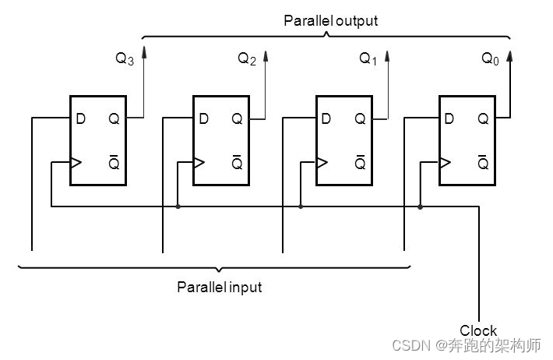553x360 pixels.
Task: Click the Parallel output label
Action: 329,21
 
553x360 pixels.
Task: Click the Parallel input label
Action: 219,288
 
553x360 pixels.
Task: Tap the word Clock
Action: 477,330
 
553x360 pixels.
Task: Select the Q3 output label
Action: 125,59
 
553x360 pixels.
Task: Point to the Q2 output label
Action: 246,59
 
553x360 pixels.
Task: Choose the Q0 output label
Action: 490,59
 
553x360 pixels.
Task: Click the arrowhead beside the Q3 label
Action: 143,53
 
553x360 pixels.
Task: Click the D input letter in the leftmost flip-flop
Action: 80,119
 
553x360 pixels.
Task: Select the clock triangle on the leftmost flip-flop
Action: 75,164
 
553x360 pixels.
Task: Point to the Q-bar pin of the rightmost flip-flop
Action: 483,164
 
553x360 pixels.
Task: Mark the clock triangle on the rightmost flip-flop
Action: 444,164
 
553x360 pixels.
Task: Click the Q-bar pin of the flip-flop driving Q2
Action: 237,164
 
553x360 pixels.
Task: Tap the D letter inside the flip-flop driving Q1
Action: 326,119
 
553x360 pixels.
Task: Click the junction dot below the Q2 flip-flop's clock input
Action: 178,207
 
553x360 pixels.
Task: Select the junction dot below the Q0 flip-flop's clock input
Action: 421,207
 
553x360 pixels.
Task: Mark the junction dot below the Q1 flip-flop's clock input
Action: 301,207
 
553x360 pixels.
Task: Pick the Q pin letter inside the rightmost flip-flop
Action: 483,119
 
